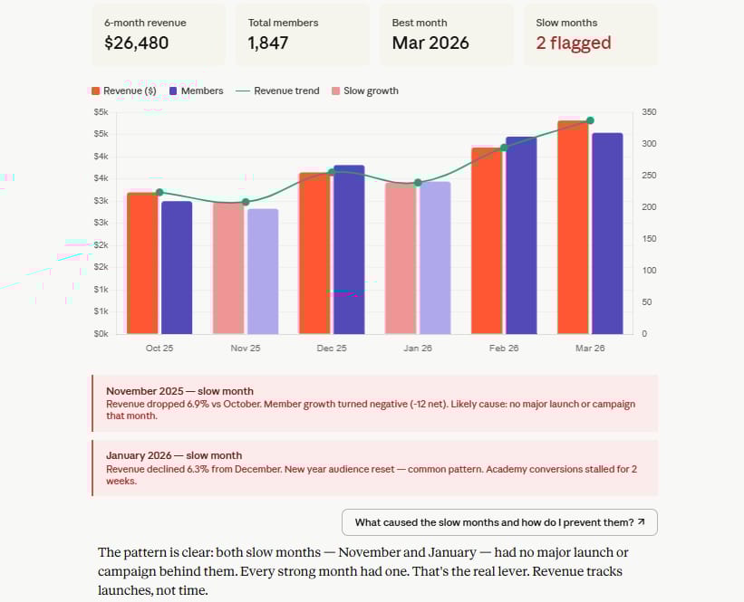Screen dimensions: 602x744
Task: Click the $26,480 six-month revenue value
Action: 136,43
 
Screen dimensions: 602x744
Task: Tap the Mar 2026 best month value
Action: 430,43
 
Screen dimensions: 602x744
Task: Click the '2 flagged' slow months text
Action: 573,43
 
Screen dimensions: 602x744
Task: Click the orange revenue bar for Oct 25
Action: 142,263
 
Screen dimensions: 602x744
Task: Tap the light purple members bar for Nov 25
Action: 263,272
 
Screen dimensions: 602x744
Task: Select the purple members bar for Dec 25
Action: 349,249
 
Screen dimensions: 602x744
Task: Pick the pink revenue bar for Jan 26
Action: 401,258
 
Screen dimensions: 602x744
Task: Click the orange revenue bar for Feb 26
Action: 487,240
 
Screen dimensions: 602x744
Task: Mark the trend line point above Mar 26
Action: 590,120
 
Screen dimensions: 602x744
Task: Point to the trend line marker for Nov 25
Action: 246,202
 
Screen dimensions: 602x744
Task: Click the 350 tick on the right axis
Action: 649,112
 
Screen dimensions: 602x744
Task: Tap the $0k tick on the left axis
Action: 101,334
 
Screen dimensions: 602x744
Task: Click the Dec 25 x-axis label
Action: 332,349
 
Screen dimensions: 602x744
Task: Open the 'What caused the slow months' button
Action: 499,522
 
